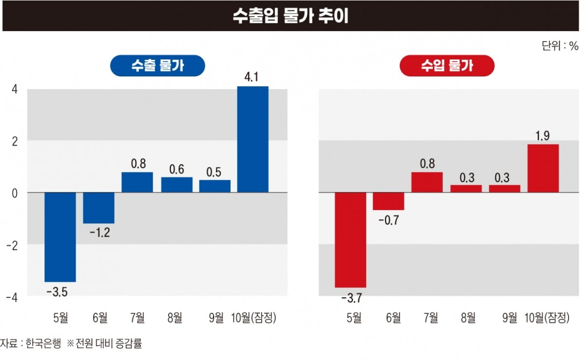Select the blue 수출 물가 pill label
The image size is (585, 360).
157,66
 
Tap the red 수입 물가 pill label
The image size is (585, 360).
447,66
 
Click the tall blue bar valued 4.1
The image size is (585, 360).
253,139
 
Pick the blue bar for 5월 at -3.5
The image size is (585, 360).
60,237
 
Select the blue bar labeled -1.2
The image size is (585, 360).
99,208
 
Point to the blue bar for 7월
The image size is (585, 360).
137,182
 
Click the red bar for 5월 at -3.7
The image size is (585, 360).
350,240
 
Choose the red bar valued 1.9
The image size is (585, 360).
543,168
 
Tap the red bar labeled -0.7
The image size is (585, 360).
389,201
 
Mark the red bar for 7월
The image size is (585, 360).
427,182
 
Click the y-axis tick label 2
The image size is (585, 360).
14,141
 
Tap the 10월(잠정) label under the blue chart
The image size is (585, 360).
253,319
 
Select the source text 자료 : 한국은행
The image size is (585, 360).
31,344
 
